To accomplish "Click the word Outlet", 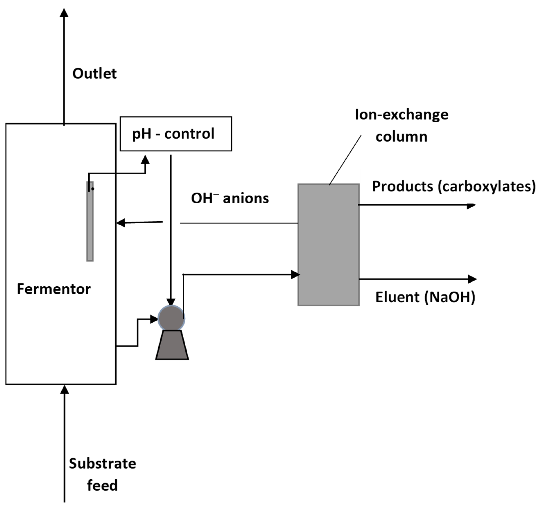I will coord(94,74).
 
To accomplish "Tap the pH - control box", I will coord(176,134).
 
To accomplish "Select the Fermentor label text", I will coord(54,289).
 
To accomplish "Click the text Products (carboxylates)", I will coord(454,187).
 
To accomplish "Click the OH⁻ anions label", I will coord(230,198).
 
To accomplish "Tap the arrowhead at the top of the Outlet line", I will coord(64,12).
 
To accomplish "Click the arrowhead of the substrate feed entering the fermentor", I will coord(65,390).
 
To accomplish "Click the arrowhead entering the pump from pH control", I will coord(171,302).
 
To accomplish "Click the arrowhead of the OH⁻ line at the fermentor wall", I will coord(121,223).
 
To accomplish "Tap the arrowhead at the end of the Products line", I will coord(471,206).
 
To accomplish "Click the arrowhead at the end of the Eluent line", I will coord(472,279).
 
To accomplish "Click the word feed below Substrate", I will coord(102,485).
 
